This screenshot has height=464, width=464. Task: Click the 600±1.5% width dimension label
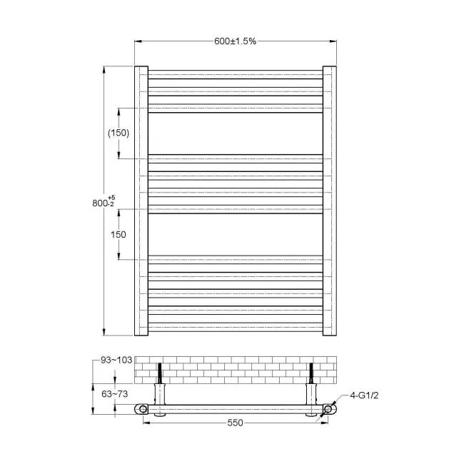click(x=235, y=41)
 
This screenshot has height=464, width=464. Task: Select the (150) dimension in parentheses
click(x=118, y=133)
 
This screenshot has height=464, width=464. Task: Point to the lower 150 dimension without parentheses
click(x=118, y=234)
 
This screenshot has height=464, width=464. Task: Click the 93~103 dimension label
click(x=116, y=360)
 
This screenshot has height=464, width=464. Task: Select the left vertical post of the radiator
click(x=141, y=200)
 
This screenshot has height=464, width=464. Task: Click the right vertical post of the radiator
click(x=329, y=200)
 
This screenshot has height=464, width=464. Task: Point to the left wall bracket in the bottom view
click(x=160, y=389)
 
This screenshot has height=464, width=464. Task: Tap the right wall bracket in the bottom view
click(x=311, y=389)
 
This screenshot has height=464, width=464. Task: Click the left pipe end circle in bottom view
click(x=144, y=410)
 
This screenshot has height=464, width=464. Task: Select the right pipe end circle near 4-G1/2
click(x=329, y=410)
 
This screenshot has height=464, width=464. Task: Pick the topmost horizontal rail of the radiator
click(x=235, y=74)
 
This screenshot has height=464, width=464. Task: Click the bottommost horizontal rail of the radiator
click(x=235, y=329)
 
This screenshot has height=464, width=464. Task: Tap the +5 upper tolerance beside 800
click(x=111, y=198)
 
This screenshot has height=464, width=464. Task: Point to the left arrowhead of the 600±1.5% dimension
click(x=138, y=41)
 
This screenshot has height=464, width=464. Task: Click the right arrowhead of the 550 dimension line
click(x=326, y=423)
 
